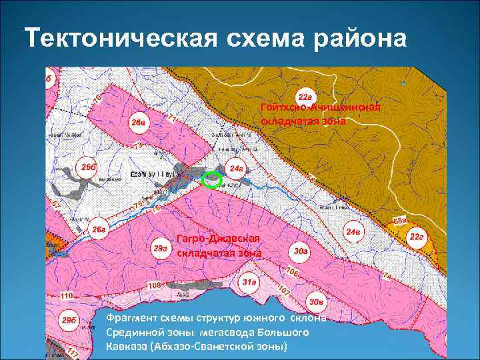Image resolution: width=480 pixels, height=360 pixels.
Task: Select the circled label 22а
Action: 306,97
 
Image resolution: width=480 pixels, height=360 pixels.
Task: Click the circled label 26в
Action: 138,122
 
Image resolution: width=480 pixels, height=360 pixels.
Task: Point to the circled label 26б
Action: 89,166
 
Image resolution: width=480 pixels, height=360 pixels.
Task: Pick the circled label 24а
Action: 237,169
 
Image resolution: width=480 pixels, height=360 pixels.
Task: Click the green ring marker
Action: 211,179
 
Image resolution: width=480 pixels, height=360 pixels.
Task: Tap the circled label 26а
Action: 99,230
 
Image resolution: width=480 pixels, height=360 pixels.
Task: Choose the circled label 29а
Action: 161,248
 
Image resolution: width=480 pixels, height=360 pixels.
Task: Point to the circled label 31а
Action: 249,282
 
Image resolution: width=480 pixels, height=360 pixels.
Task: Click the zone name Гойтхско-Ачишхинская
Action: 321,109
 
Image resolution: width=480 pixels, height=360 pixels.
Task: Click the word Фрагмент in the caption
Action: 135,318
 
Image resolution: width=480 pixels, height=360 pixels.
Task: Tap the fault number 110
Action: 66,295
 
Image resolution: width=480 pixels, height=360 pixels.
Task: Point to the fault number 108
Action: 154,286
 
